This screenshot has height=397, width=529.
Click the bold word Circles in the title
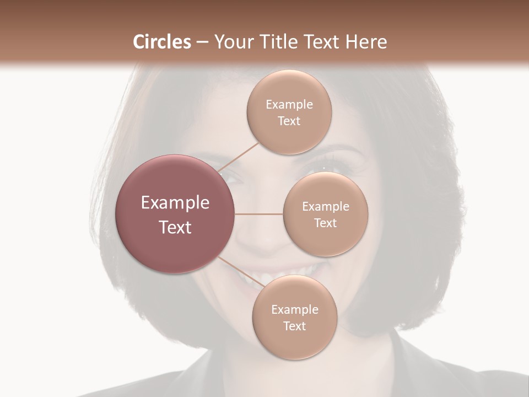(x=161, y=42)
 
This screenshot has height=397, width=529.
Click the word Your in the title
(x=233, y=42)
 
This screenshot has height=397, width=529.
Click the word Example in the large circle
(x=175, y=203)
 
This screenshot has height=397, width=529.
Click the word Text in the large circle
(x=175, y=227)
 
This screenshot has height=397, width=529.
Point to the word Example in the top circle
(x=289, y=105)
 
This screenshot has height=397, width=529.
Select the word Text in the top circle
(x=289, y=121)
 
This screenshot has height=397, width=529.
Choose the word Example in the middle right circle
(x=326, y=207)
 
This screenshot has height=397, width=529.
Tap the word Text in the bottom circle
(x=295, y=326)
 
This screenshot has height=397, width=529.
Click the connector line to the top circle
(x=237, y=157)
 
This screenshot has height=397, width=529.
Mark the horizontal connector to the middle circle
(x=259, y=214)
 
